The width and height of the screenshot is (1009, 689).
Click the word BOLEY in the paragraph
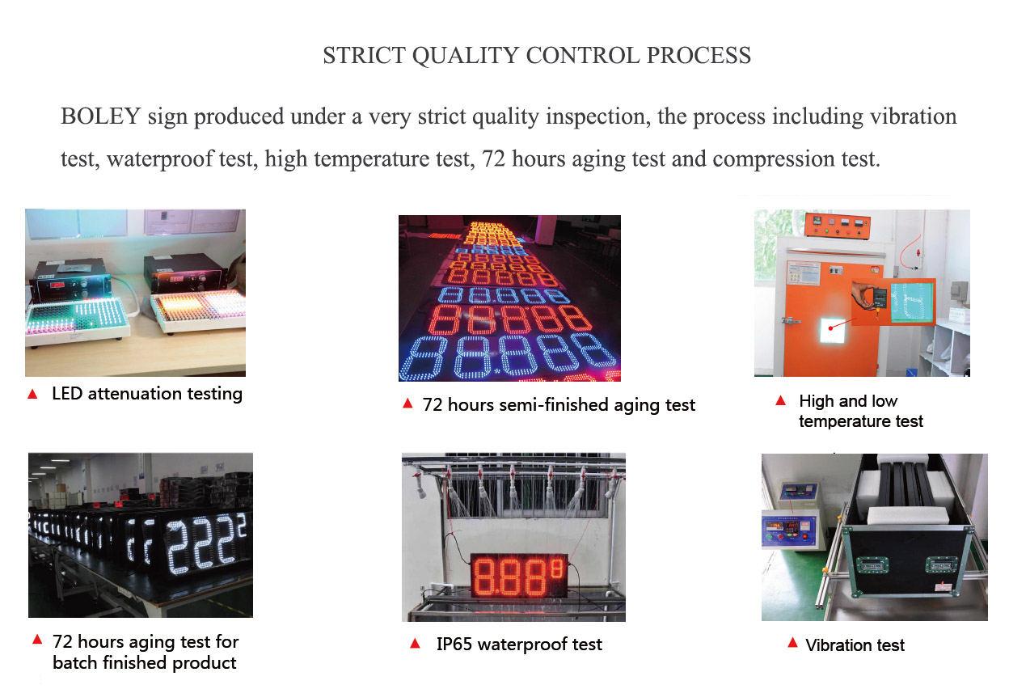coord(100,116)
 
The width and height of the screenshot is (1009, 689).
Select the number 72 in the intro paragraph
coord(493,159)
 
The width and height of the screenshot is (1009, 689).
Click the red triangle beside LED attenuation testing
coord(32,395)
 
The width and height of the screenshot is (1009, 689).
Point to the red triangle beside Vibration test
coord(792,643)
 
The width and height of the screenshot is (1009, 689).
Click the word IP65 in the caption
coord(454,645)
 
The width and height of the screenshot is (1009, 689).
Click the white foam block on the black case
coord(906,514)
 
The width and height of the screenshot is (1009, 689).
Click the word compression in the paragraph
coord(774,159)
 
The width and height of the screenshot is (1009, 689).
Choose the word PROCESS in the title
coord(699,56)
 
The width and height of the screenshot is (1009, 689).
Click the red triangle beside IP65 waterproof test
coord(415,644)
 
